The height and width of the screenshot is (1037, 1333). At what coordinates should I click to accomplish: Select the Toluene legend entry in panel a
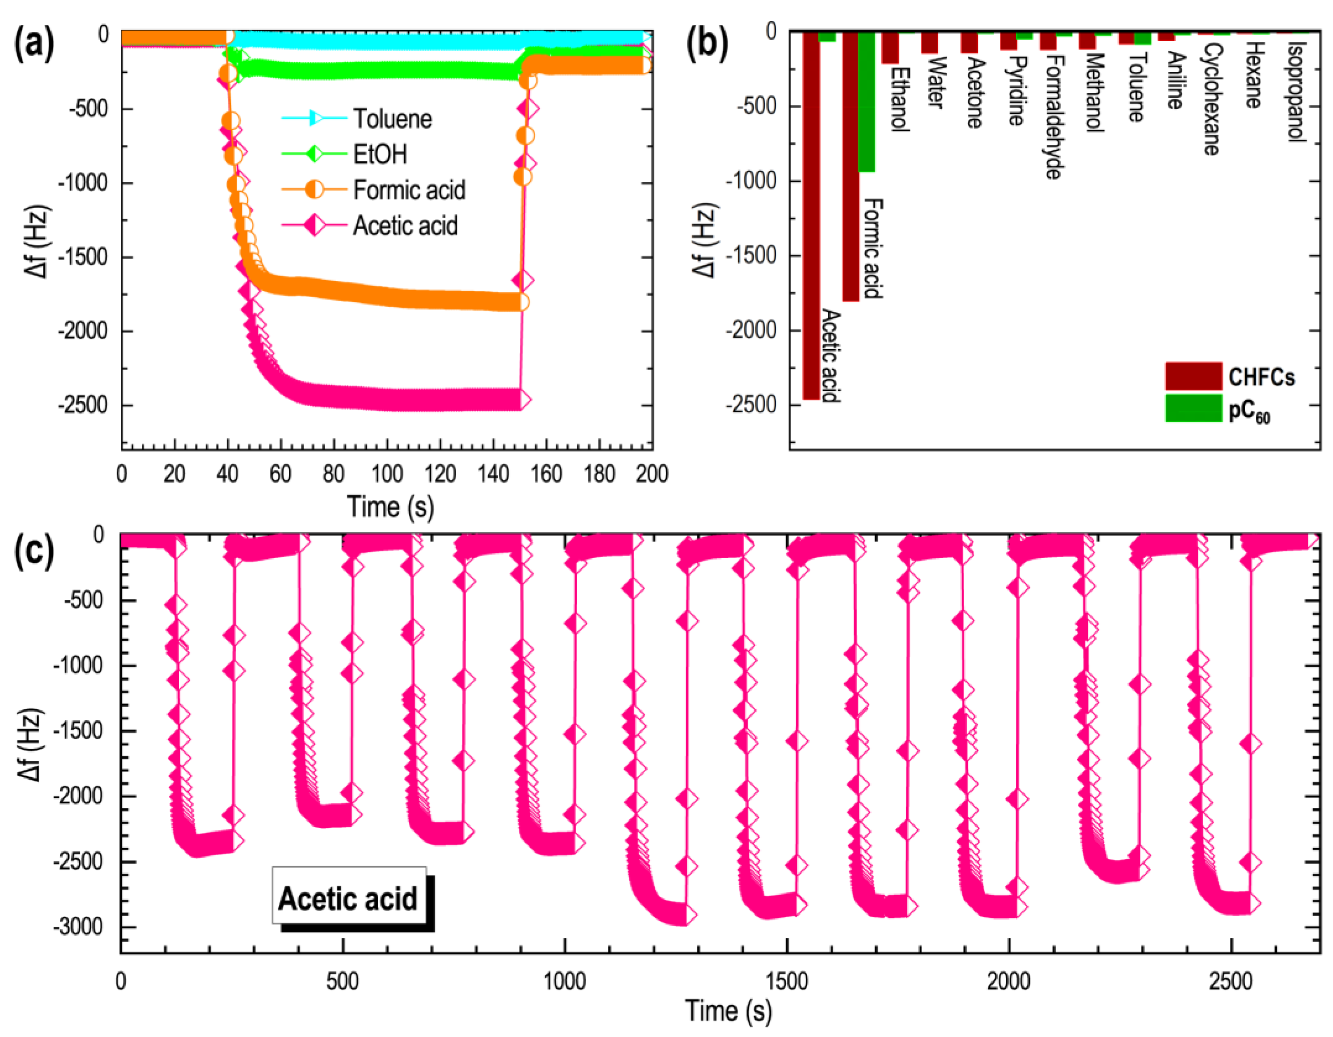(x=392, y=118)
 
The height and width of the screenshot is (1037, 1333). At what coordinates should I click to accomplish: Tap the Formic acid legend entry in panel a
(x=408, y=190)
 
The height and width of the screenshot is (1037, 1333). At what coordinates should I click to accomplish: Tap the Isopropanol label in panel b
(x=1295, y=92)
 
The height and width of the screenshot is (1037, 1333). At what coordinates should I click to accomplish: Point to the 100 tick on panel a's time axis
(x=387, y=474)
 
